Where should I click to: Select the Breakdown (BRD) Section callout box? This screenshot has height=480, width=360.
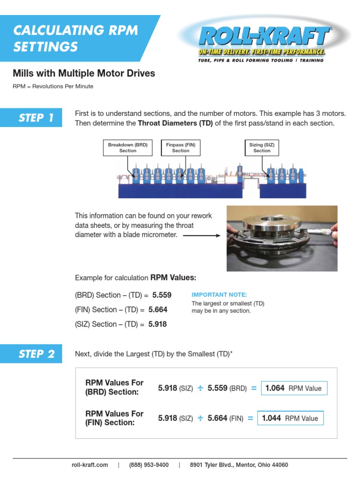pyautogui.click(x=127, y=148)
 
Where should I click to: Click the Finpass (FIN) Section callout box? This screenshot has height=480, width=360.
pyautogui.click(x=180, y=148)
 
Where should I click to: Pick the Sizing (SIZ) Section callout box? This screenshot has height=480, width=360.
pyautogui.click(x=262, y=148)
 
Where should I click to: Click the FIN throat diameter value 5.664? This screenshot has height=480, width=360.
pyautogui.click(x=157, y=310)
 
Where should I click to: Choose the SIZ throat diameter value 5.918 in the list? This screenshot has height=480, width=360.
pyautogui.click(x=157, y=324)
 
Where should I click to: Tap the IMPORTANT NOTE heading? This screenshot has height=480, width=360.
pyautogui.click(x=219, y=295)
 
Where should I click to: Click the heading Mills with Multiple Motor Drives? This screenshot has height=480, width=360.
pyautogui.click(x=83, y=74)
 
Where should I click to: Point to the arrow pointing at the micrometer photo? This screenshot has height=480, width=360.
pyautogui.click(x=201, y=235)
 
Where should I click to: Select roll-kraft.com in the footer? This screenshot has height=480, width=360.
pyautogui.click(x=90, y=465)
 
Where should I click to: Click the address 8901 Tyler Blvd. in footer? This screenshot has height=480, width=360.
pyautogui.click(x=239, y=465)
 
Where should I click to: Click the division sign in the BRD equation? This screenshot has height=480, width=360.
pyautogui.click(x=200, y=388)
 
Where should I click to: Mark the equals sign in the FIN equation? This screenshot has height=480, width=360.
pyautogui.click(x=250, y=418)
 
